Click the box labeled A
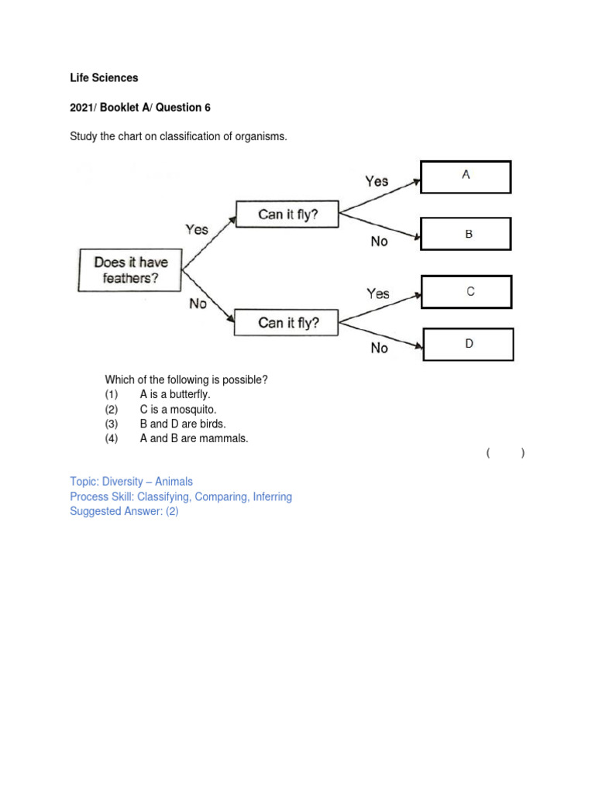tap(466, 177)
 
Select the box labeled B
tap(466, 233)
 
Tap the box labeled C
tap(466, 292)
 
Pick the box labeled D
tap(468, 344)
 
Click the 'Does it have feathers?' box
tap(130, 270)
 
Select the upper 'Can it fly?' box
tap(287, 215)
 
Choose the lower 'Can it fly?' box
tap(287, 322)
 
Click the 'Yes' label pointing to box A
tap(377, 181)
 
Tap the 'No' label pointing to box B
tap(379, 242)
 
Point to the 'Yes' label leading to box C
tap(378, 294)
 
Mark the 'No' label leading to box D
tap(379, 348)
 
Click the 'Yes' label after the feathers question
tap(197, 229)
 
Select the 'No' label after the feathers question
tap(198, 304)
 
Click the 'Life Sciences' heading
tap(104, 78)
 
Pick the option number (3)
tap(112, 424)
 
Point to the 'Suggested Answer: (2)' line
tap(124, 511)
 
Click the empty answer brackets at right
tap(506, 453)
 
